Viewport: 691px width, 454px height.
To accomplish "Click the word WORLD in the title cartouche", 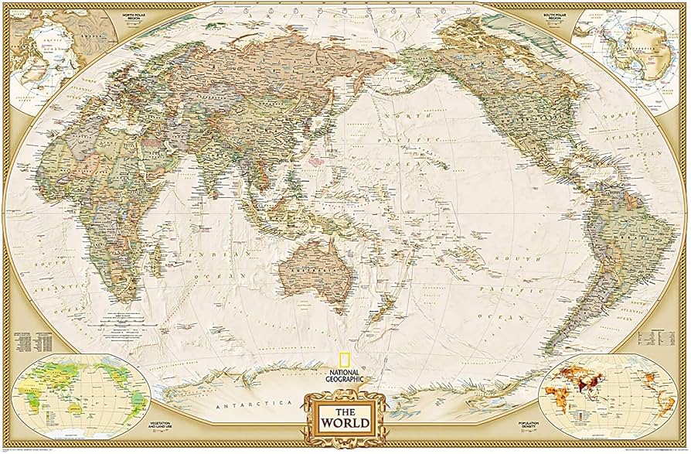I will coord(345,423).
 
